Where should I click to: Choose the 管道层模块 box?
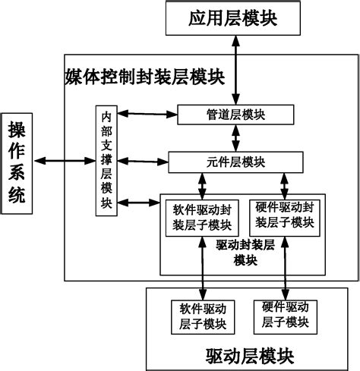235,115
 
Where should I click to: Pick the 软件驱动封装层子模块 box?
202,215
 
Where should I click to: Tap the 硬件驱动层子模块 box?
285,316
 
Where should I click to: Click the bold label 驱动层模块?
249,355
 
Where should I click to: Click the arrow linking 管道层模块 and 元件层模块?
238,138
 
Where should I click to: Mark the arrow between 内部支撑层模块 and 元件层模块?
143,161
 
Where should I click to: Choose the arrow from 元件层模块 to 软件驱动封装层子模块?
203,184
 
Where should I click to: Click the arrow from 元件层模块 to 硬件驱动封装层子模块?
284,184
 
